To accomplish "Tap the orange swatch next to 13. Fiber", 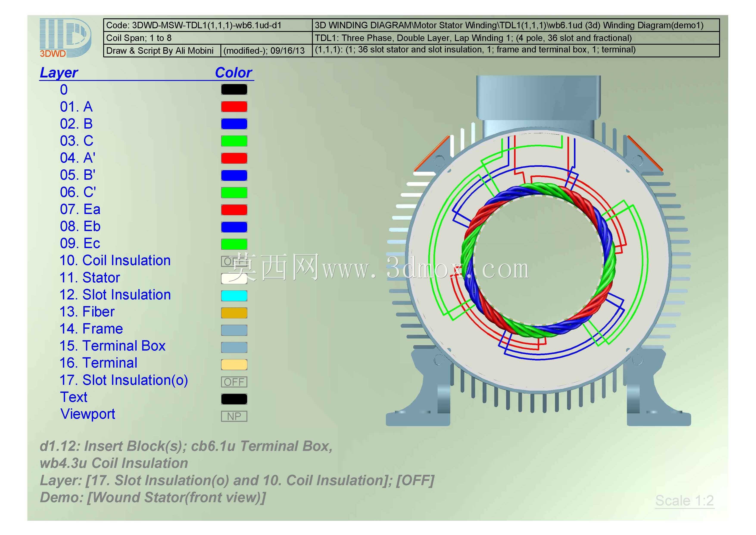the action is tap(234, 313).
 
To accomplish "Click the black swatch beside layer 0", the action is tap(234, 89).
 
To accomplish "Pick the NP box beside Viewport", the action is tap(234, 416).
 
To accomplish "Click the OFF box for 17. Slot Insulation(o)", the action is tap(234, 382).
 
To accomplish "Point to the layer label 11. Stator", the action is tap(90, 278).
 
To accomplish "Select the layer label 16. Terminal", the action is tap(98, 363).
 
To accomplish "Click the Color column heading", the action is tap(234, 72).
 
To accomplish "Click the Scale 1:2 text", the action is tap(684, 501).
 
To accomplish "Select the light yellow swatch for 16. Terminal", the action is tap(234, 364).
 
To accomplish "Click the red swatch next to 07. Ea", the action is tap(234, 210).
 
